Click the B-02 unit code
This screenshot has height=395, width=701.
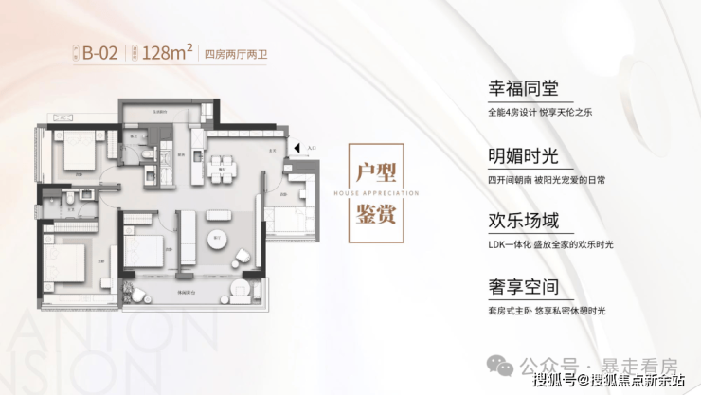99,53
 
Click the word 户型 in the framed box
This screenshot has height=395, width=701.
375,173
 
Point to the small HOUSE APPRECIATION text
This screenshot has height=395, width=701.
375,192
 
